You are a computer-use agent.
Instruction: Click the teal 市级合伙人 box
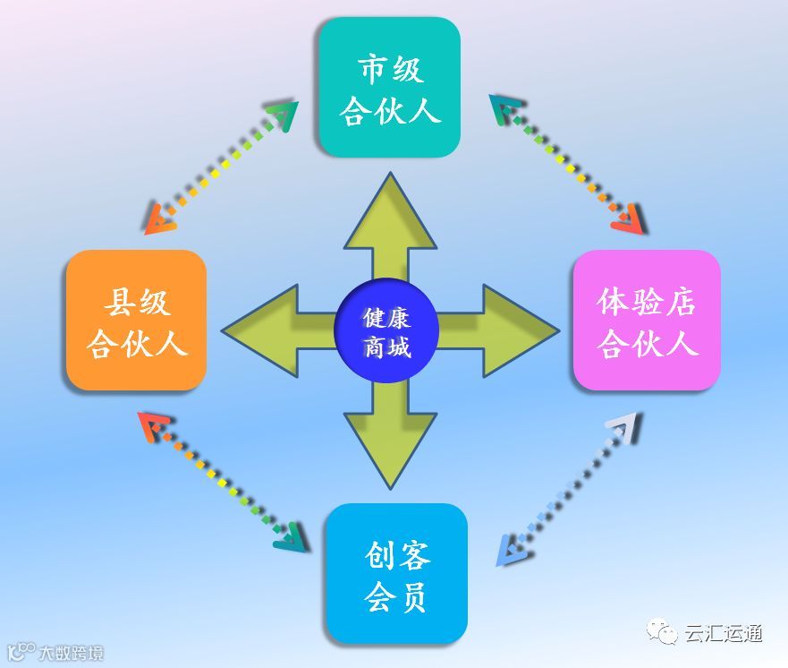[x=389, y=88]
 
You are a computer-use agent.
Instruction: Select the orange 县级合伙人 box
[x=137, y=321]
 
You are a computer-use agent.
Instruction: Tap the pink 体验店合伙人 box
[x=647, y=321]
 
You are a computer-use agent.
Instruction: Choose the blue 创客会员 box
[x=396, y=573]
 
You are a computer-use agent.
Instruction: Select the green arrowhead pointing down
[x=390, y=448]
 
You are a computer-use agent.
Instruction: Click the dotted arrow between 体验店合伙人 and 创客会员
[x=568, y=489]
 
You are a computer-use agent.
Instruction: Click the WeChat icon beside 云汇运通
[x=665, y=634]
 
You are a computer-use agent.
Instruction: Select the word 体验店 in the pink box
[x=647, y=303]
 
